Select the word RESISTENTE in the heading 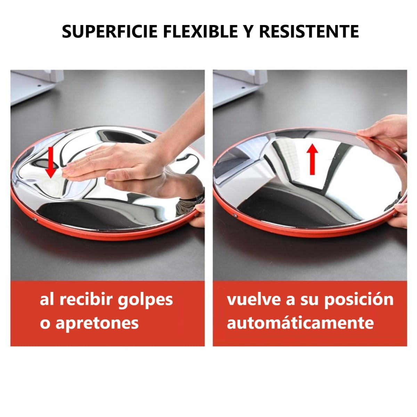[309, 32]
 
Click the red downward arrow [51, 162]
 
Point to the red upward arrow [312, 159]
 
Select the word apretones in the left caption [97, 323]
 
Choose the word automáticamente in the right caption [300, 323]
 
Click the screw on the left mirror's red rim [35, 219]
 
